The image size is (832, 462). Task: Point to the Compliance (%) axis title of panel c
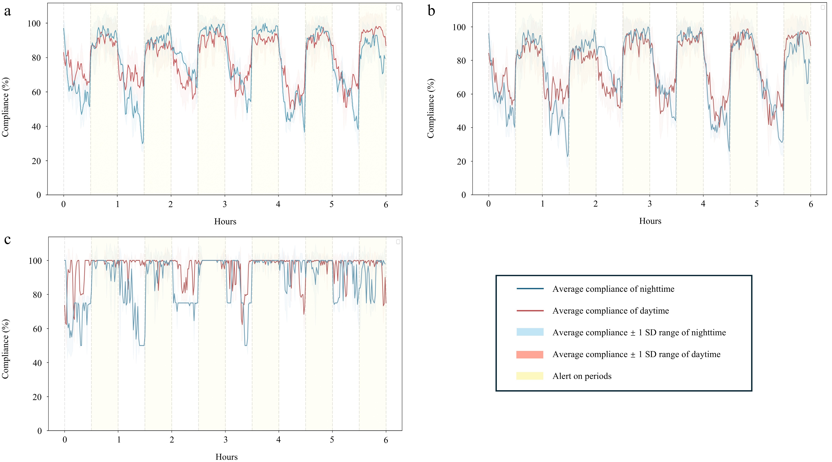click(x=6, y=349)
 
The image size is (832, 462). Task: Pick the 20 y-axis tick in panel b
click(x=461, y=161)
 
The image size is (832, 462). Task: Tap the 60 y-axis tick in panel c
click(x=37, y=329)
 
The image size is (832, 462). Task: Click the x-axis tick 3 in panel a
click(x=224, y=204)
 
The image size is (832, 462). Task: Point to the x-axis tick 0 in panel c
click(x=65, y=440)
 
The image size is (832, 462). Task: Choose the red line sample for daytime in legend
click(x=530, y=310)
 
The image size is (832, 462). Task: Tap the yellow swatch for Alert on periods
click(x=530, y=376)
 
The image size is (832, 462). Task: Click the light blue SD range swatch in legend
click(x=530, y=332)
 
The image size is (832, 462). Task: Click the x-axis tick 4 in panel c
click(x=278, y=440)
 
